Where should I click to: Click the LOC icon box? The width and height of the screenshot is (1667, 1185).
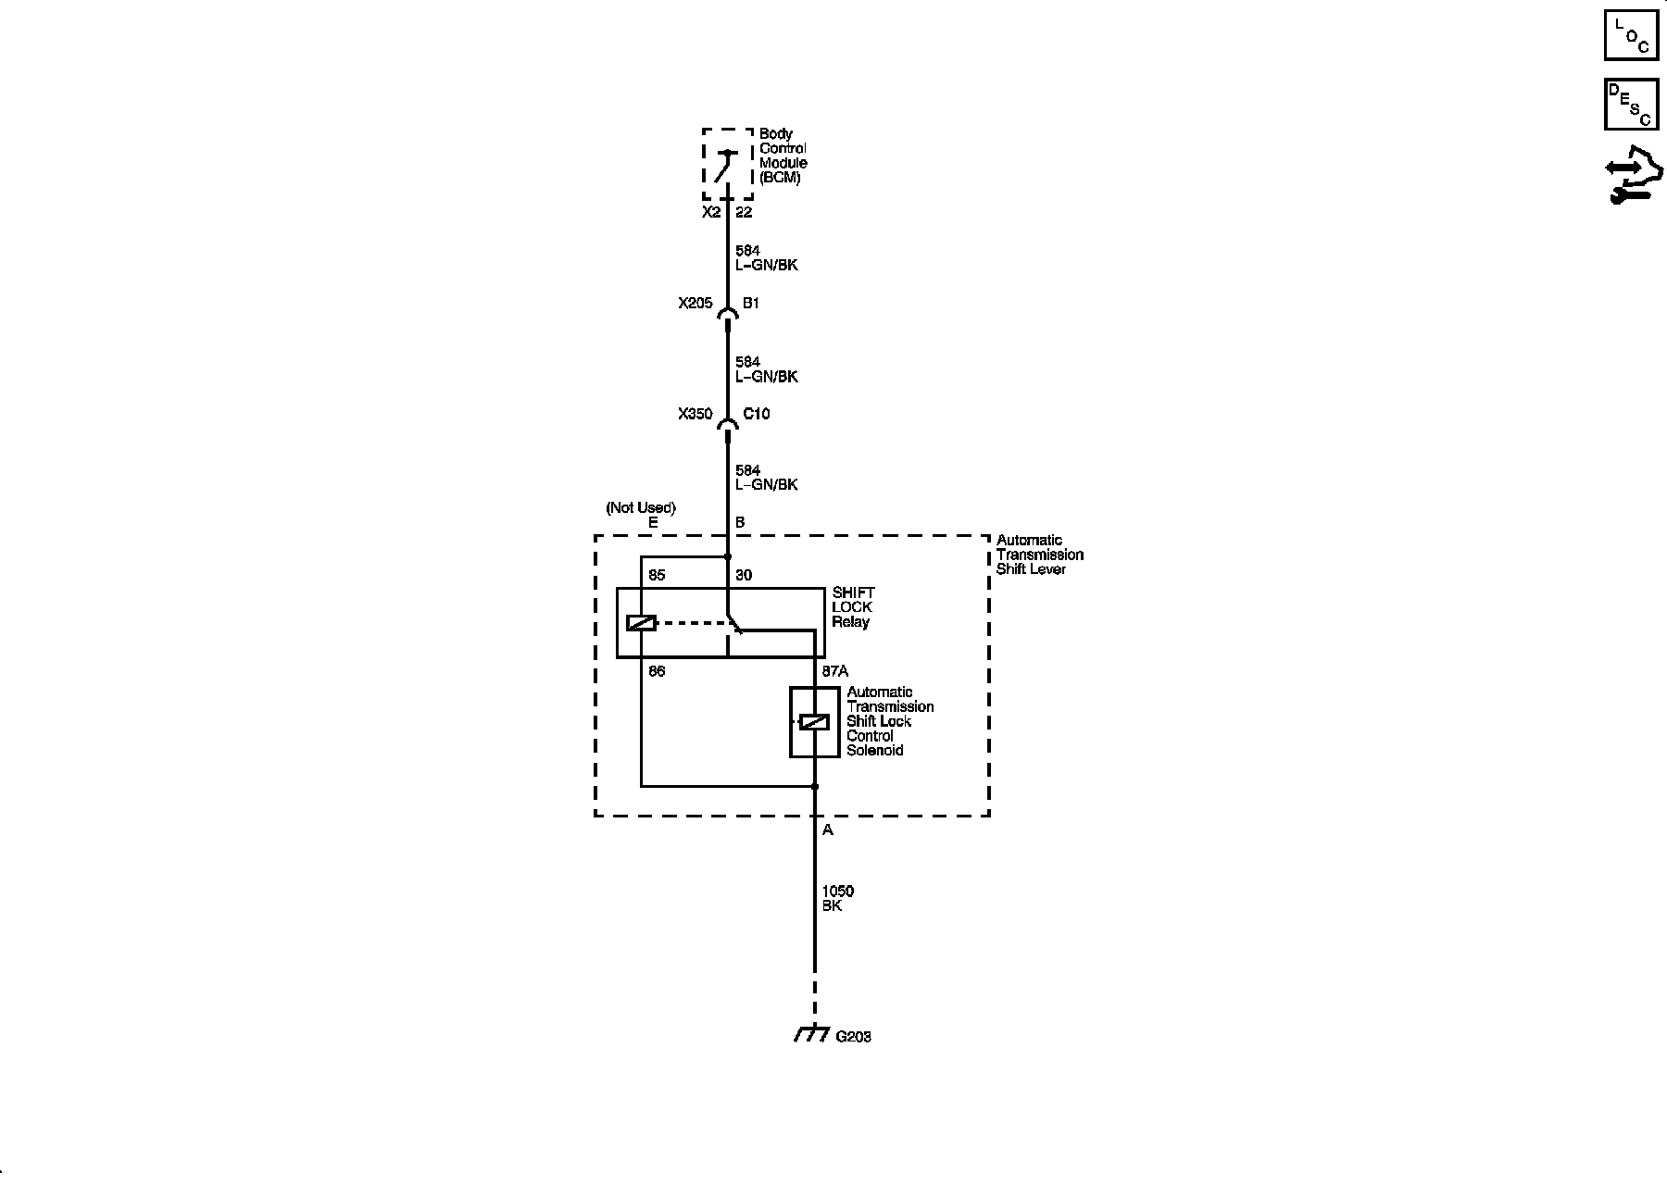pyautogui.click(x=1631, y=35)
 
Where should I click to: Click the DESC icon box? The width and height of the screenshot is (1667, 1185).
pyautogui.click(x=1631, y=105)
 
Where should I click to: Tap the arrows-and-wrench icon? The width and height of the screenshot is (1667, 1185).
pyautogui.click(x=1633, y=175)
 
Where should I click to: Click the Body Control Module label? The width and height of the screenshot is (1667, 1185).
pyautogui.click(x=783, y=156)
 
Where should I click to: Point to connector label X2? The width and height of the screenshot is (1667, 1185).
pyautogui.click(x=710, y=212)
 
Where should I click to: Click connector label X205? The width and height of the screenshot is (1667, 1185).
pyautogui.click(x=695, y=303)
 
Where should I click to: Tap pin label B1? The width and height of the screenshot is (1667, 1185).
pyautogui.click(x=751, y=303)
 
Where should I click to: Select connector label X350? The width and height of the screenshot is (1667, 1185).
pyautogui.click(x=695, y=414)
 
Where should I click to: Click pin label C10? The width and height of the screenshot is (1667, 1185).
pyautogui.click(x=756, y=414)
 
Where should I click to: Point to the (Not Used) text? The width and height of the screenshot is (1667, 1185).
pyautogui.click(x=641, y=507)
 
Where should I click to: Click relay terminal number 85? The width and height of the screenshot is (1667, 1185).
pyautogui.click(x=657, y=575)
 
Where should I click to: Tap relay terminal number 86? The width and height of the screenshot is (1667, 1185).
pyautogui.click(x=657, y=671)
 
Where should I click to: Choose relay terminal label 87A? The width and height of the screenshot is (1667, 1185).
pyautogui.click(x=835, y=671)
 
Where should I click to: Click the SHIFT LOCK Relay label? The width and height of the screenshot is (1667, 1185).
pyautogui.click(x=852, y=607)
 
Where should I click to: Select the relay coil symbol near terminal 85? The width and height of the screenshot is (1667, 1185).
pyautogui.click(x=641, y=623)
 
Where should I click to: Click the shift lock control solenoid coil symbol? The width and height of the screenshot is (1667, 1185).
pyautogui.click(x=814, y=722)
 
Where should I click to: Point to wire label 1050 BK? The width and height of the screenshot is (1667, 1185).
pyautogui.click(x=837, y=898)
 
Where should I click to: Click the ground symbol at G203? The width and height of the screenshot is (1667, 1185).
pyautogui.click(x=811, y=1034)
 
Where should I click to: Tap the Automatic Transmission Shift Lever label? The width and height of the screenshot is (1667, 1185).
pyautogui.click(x=1039, y=555)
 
